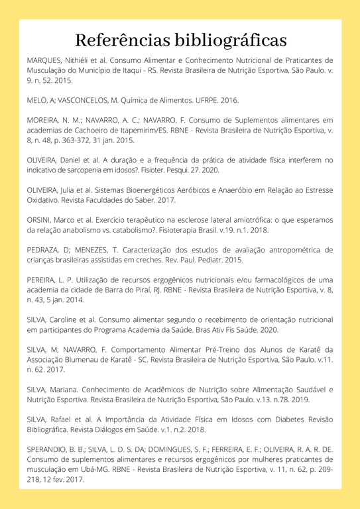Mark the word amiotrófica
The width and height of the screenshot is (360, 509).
257,219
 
